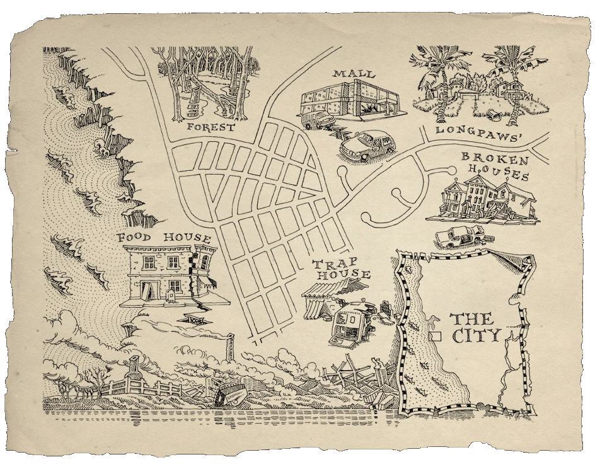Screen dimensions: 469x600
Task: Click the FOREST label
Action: pyautogui.click(x=211, y=127)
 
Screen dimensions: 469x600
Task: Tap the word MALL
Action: pyautogui.click(x=354, y=74)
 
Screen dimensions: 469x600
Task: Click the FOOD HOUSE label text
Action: pyautogui.click(x=164, y=238)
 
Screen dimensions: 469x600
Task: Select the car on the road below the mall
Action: pyautogui.click(x=367, y=146)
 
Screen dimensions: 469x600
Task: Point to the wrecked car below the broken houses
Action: pyautogui.click(x=461, y=236)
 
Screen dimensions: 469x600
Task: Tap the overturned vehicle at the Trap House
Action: pyautogui.click(x=350, y=323)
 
